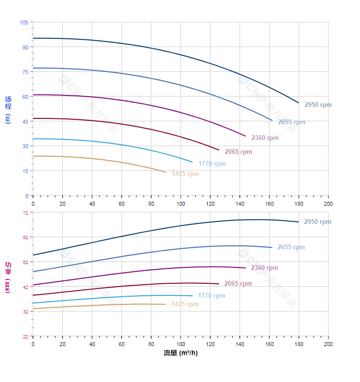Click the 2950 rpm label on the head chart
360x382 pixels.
coord(318,105)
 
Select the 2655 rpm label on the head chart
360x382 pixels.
coord(292,122)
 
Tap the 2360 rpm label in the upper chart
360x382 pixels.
coord(265,138)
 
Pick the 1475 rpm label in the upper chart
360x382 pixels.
coord(185,174)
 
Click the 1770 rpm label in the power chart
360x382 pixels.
coord(211,296)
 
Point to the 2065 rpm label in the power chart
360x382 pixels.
coord(238,284)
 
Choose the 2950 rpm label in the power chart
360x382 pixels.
coord(317,222)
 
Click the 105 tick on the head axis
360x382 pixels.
coord(24,23)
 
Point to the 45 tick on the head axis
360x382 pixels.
coord(25,121)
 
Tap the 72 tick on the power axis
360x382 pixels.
coord(25,212)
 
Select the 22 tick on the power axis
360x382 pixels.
coord(25,336)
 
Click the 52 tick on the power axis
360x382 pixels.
coord(25,262)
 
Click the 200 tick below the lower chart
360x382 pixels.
coord(328,345)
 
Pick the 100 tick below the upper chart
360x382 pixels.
coord(180,204)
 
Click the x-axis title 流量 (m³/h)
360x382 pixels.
coord(180,353)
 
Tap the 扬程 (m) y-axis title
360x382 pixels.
coord(8,109)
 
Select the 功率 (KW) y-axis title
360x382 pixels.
coord(8,277)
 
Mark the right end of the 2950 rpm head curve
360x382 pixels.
coord(299,103)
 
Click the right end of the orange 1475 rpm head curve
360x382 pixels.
coord(166,172)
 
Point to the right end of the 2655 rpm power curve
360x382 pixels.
coord(272,247)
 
